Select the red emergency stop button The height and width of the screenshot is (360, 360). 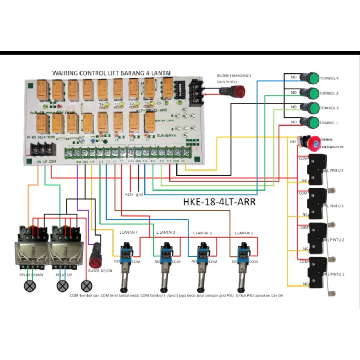tap(313, 142)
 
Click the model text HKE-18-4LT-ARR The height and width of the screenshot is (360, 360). tap(219, 202)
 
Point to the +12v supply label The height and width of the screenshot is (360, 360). tap(129, 194)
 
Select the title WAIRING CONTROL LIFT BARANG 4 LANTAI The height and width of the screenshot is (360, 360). tap(111, 73)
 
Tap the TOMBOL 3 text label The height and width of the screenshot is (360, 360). tap(329, 93)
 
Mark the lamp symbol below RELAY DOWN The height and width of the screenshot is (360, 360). tap(30, 286)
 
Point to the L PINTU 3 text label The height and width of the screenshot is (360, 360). tap(336, 206)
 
